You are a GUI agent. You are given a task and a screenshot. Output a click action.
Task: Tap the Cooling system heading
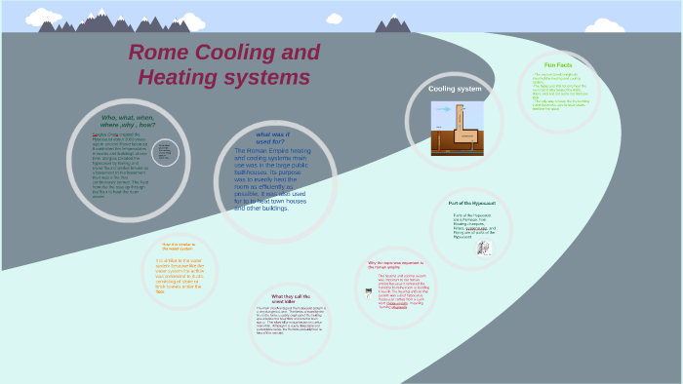point(456,89)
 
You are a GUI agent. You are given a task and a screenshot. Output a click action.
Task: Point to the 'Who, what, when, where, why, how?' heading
point(128,122)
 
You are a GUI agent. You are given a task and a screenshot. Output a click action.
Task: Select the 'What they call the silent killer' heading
point(291,298)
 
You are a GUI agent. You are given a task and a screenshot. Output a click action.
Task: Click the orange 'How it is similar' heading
point(181,247)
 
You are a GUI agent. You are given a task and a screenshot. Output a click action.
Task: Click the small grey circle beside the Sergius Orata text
point(165,152)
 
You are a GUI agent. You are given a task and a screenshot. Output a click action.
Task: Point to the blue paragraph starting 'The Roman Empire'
point(273,179)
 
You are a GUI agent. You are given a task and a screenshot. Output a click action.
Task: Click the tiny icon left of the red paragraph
point(369,291)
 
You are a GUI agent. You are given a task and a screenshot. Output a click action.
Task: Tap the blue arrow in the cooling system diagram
point(441,110)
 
